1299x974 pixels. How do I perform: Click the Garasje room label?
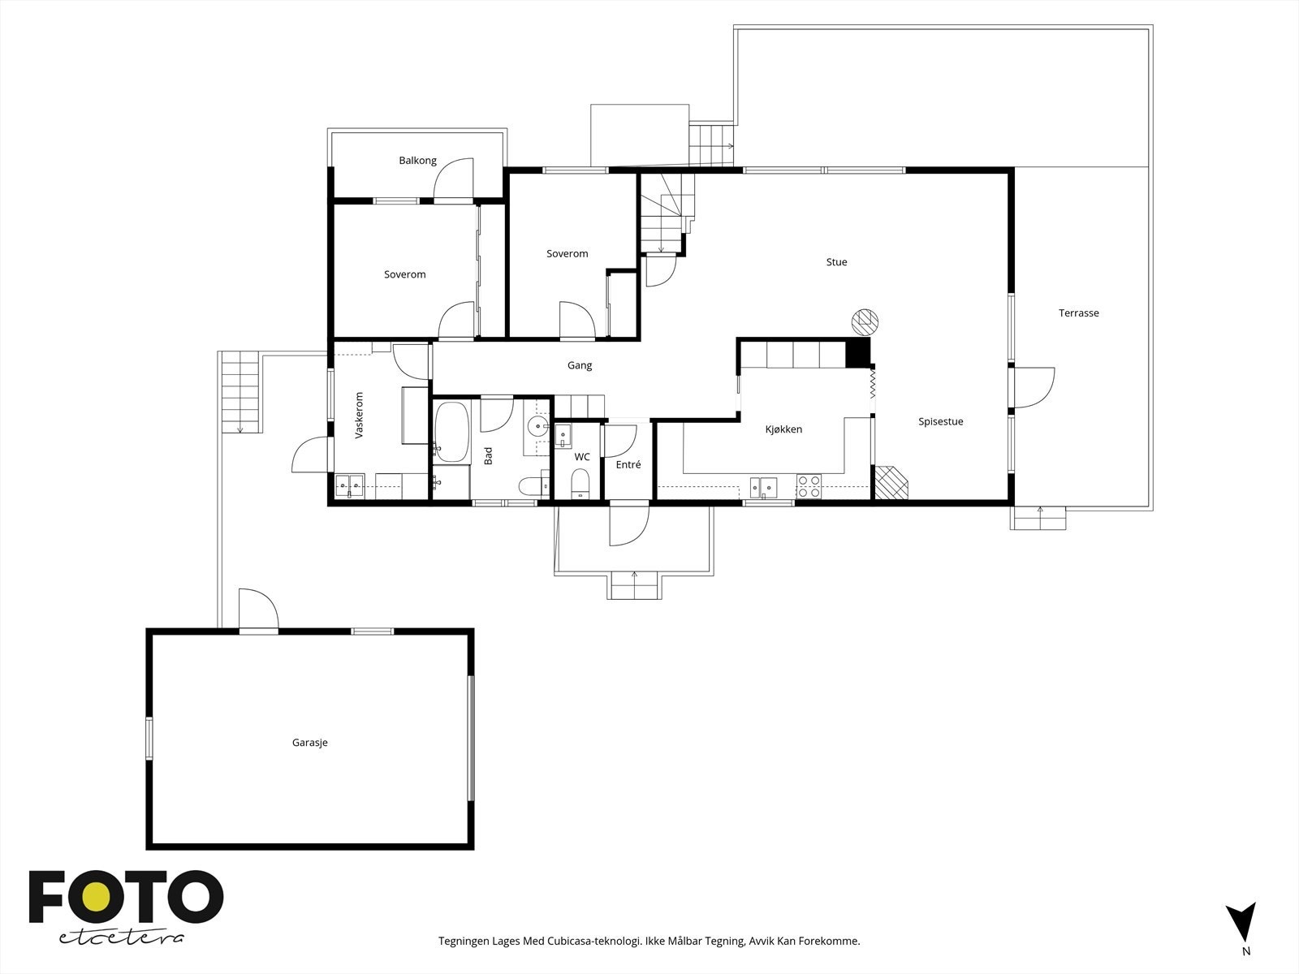[x=309, y=743]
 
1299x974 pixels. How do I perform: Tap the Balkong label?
[x=418, y=160]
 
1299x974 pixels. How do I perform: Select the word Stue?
[x=837, y=262]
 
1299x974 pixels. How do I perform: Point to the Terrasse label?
[x=1079, y=312]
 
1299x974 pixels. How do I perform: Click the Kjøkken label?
[x=783, y=429]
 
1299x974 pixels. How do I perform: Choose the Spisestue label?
[x=941, y=421]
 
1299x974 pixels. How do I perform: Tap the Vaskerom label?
[x=359, y=415]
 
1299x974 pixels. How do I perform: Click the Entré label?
[x=628, y=465]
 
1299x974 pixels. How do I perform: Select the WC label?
[x=582, y=457]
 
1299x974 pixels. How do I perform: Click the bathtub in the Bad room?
[x=451, y=432]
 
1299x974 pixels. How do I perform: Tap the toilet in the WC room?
[x=580, y=484]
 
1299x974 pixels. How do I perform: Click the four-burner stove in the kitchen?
[x=809, y=487]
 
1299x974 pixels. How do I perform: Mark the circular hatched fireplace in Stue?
[x=865, y=322]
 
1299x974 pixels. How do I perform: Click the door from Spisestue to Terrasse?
[x=1033, y=387]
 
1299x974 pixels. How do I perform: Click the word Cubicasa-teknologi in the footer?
[x=595, y=941]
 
